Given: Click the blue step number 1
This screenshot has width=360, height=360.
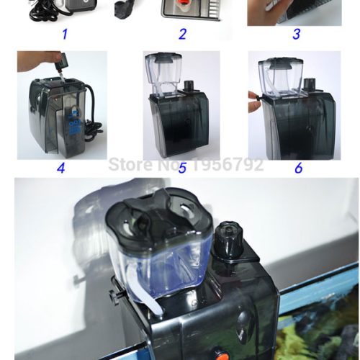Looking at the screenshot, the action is click(x=65, y=34).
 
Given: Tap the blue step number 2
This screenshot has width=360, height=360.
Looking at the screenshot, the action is click(x=182, y=34).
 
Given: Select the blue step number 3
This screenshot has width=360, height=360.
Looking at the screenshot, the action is click(x=297, y=34).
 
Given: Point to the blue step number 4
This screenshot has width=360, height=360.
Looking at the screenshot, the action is click(x=61, y=168).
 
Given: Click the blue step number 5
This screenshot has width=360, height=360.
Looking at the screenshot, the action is click(x=182, y=168).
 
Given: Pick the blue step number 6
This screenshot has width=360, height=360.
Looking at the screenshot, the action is click(x=299, y=168).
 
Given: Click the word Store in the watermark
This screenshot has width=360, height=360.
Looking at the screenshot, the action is click(x=130, y=164).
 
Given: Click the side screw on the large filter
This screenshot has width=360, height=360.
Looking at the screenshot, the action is click(x=114, y=297).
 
